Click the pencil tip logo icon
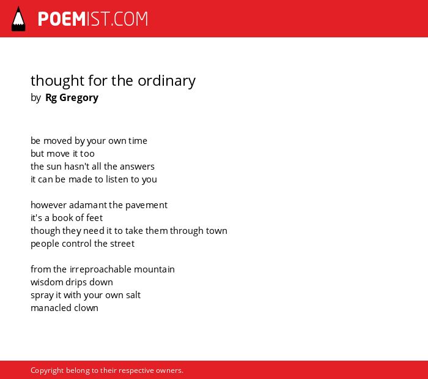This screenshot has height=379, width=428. [18, 19]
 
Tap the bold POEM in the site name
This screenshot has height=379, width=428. [62, 19]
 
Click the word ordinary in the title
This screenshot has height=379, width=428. [166, 81]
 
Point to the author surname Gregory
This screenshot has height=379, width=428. [79, 98]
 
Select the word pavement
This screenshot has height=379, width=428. [146, 205]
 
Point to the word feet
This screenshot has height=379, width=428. [94, 218]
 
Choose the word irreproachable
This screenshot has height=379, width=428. [100, 269]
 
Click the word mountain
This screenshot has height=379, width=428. [154, 269]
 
